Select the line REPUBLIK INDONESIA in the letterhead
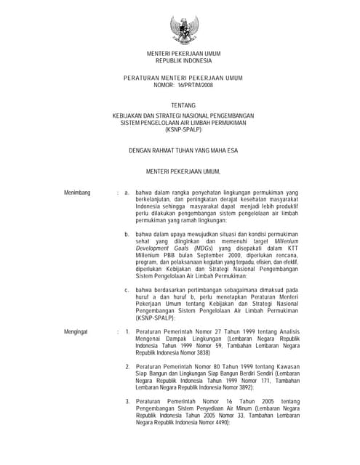183,61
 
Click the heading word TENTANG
183,105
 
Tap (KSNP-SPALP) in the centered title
183,131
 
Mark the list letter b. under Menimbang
127,235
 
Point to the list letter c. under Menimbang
127,290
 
